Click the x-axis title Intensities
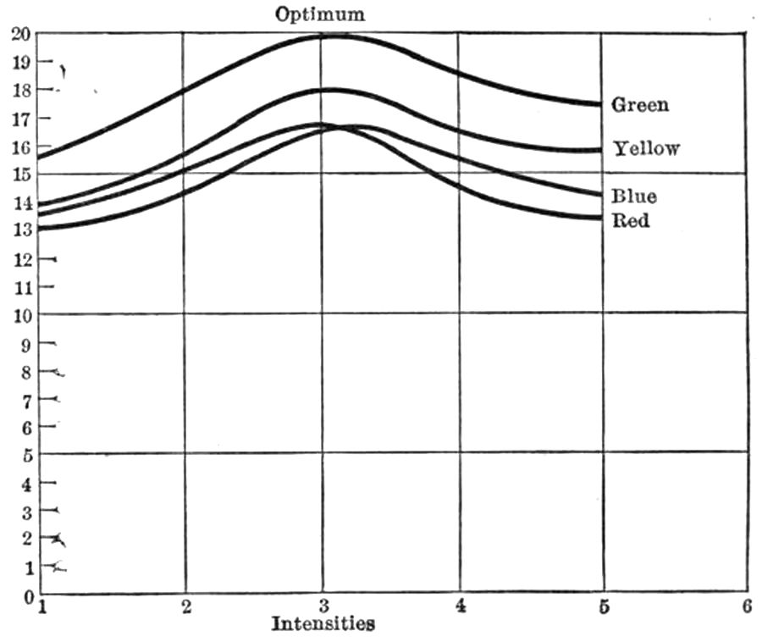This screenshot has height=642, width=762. tap(323, 624)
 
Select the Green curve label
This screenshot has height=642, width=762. tap(640, 105)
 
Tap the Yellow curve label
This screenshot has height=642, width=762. tap(646, 149)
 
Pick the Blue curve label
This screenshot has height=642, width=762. tap(634, 196)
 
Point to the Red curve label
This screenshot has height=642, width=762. tap(631, 221)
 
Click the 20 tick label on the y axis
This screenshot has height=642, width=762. tap(20, 34)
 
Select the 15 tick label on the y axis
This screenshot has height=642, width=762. tap(20, 174)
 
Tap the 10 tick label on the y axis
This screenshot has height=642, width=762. tap(20, 315)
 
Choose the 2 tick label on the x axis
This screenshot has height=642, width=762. tap(185, 606)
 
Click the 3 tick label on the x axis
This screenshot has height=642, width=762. tap(323, 606)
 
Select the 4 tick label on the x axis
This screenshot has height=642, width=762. tap(461, 606)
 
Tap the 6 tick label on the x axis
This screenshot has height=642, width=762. tap(747, 606)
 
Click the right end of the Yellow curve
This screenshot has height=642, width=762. tap(600, 150)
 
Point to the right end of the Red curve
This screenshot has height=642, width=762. tap(600, 218)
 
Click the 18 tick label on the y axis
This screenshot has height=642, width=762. tap(20, 90)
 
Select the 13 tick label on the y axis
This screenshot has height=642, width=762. tap(20, 230)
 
